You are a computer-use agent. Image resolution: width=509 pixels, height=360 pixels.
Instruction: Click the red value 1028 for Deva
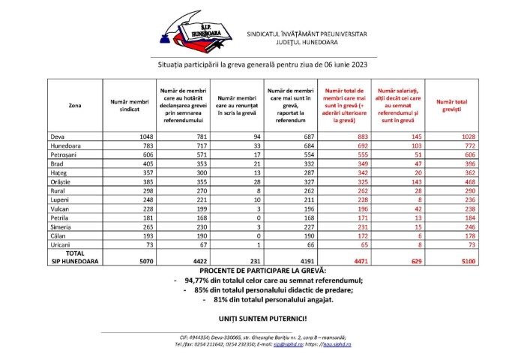coord(463,136)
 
